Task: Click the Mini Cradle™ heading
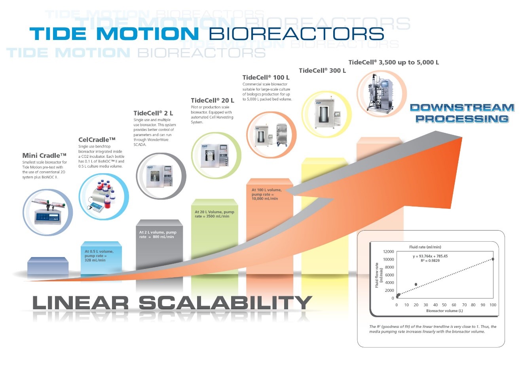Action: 44,155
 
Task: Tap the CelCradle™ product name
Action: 97,140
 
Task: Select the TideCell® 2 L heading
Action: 153,113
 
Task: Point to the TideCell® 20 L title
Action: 212,100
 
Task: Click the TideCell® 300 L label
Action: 322,70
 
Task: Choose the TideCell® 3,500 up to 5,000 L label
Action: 394,62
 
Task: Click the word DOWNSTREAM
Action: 462,108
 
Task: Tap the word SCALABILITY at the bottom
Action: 225,303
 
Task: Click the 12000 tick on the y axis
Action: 389,252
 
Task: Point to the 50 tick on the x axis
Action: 444,305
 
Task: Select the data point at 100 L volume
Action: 493,259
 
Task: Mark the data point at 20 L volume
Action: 416,284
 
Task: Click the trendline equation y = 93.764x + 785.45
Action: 430,256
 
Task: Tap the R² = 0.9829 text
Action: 430,261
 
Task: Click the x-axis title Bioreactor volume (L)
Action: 444,311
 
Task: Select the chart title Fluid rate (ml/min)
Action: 425,247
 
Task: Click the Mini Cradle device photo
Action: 47,212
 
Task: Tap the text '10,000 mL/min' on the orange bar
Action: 265,199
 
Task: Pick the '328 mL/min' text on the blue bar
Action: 95,260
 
